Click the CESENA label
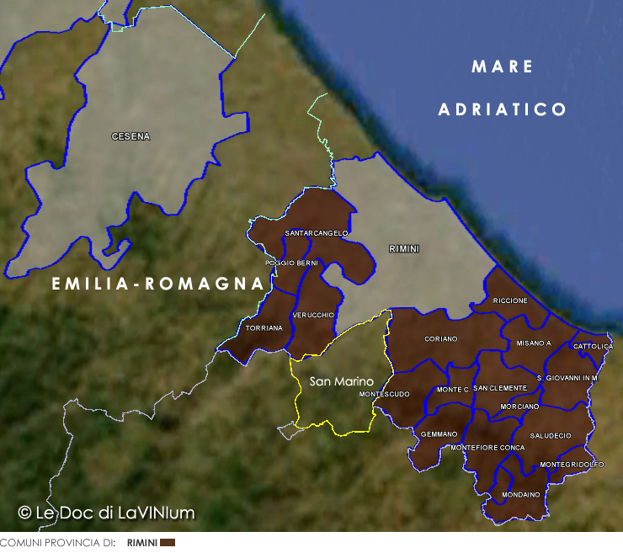coord(130,136)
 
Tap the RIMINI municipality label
coord(404,249)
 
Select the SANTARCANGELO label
coord(317,233)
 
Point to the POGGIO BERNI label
coord(291,263)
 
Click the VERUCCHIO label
coord(313,315)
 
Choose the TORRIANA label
coord(264,328)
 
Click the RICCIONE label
coord(510,300)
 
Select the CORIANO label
coord(441,338)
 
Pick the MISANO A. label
coord(534,343)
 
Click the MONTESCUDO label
coord(384,394)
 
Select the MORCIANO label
coord(519,407)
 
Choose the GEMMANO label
coord(439,434)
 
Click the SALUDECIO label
coord(551,435)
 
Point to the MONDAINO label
coord(520,494)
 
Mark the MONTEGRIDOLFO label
coord(572,465)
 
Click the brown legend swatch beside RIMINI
coord(167,543)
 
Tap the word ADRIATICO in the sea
coord(503,109)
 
